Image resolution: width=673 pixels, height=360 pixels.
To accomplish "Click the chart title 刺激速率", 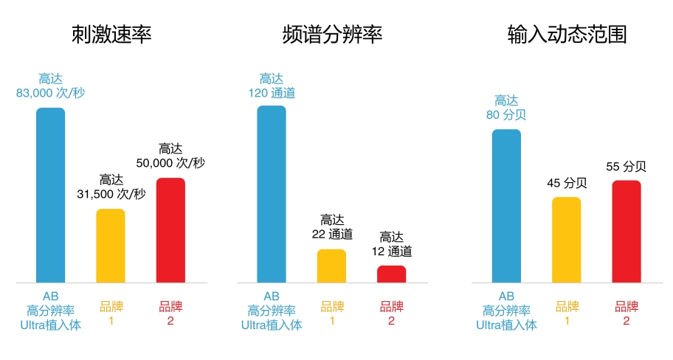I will (x=111, y=35).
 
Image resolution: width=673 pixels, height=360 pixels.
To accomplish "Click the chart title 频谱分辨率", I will (x=332, y=35).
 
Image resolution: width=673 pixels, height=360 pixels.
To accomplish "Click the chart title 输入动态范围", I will (x=567, y=35).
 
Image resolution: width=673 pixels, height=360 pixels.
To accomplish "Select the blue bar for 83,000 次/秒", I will (x=51, y=195).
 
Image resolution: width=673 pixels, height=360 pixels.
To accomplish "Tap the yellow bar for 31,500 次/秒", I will (x=111, y=246).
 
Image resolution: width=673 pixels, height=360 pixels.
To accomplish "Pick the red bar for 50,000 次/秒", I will (x=170, y=230).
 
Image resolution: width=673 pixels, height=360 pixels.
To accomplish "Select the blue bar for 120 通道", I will (x=272, y=194).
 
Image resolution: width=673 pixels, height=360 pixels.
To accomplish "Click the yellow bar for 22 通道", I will (x=331, y=266).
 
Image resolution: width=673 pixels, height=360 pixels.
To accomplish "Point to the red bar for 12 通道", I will (x=391, y=274).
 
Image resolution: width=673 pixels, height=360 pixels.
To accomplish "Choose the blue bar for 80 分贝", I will (x=506, y=206).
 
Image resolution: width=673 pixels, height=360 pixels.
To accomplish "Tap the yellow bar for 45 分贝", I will (x=566, y=240).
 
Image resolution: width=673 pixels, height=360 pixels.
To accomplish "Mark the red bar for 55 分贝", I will (x=626, y=232).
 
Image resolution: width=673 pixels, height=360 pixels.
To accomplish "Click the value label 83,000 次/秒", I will (x=51, y=93).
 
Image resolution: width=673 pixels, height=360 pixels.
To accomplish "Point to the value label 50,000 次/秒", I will (x=170, y=162).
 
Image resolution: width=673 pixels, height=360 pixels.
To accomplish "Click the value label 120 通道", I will (x=272, y=93).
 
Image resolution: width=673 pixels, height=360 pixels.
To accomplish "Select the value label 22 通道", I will (x=331, y=235).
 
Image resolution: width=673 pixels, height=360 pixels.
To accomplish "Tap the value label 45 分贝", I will (x=566, y=183).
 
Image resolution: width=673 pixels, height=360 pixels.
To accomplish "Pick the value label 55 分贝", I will (x=626, y=166).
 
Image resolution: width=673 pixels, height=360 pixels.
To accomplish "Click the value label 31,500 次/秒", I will (x=111, y=194).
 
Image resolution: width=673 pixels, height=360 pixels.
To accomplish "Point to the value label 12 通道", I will (x=391, y=251).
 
